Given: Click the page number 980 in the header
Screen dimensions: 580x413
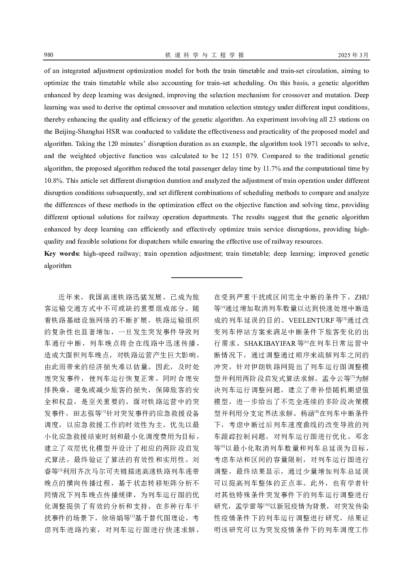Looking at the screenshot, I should click(49, 55).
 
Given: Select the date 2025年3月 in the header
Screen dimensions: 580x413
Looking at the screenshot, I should click(353, 55).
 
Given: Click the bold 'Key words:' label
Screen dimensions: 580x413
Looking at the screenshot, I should click(62, 254).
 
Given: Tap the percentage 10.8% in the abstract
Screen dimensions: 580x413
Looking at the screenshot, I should click(52, 180).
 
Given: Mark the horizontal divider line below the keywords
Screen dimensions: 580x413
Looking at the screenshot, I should click(206, 278).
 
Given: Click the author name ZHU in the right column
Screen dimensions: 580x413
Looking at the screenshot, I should click(361, 297).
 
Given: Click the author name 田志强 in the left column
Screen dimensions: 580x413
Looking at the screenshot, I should click(83, 414).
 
